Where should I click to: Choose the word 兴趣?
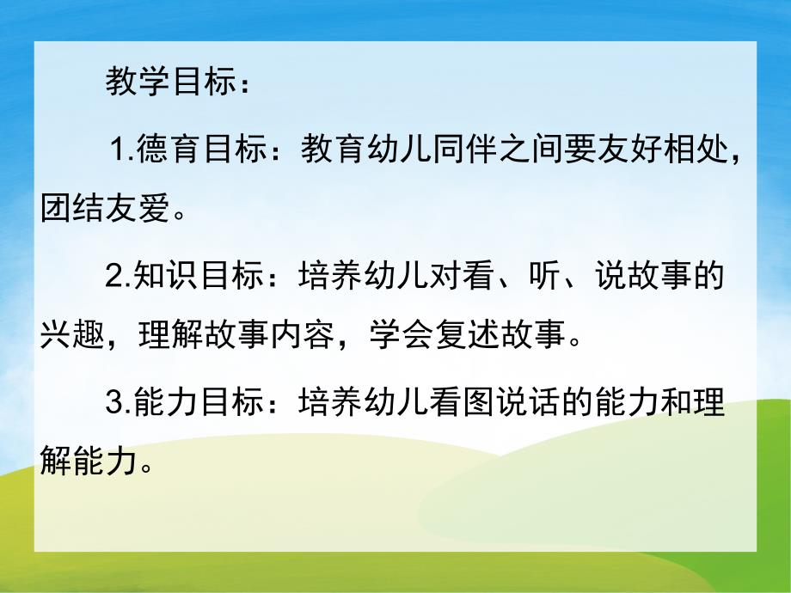(72, 332)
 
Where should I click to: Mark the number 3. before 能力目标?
(117, 403)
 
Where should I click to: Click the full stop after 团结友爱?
(178, 212)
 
